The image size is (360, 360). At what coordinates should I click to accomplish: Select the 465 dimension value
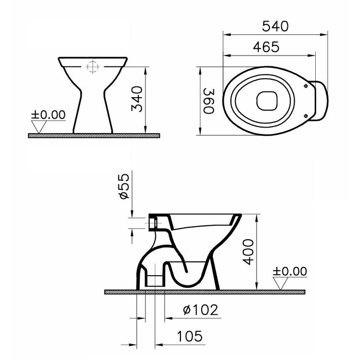coord(266,47)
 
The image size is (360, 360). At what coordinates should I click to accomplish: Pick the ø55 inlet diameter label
coord(124,188)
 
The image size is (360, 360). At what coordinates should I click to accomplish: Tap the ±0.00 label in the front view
coord(49,114)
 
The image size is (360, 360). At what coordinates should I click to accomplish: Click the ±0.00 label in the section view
coord(290,271)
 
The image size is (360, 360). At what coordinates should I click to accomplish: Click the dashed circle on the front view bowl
coord(93,67)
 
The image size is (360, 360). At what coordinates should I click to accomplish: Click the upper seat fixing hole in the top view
coord(307,86)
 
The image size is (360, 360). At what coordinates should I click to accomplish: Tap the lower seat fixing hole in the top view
coord(307,116)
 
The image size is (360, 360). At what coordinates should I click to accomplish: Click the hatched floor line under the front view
coord(93,135)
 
